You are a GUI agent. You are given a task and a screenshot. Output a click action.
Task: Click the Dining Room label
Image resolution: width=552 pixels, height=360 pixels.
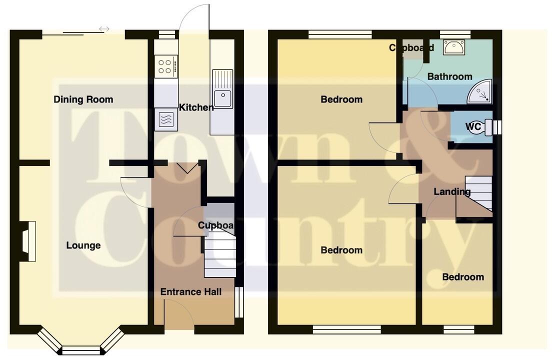[x=83, y=99]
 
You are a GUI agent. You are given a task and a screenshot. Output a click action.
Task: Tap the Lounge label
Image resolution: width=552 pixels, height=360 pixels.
[x=83, y=245]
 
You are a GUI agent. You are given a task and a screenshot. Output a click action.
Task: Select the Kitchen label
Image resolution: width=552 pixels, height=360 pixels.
[x=196, y=107]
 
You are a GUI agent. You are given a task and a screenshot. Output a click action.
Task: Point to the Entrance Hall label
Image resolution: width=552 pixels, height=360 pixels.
[x=190, y=292]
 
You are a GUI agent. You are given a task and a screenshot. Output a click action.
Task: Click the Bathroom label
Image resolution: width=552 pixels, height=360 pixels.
[x=449, y=76]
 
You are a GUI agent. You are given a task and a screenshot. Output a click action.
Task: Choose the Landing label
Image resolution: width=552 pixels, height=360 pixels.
[x=451, y=191]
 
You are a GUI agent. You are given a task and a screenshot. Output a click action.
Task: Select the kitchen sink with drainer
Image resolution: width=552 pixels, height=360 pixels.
[x=222, y=90]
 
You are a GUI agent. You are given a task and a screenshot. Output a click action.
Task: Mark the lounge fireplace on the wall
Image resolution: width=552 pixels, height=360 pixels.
[x=29, y=242]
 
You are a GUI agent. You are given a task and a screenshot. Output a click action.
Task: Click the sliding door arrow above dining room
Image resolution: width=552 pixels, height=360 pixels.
[x=104, y=29]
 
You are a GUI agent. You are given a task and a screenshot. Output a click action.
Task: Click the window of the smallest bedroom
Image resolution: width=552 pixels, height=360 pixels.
[x=458, y=329]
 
